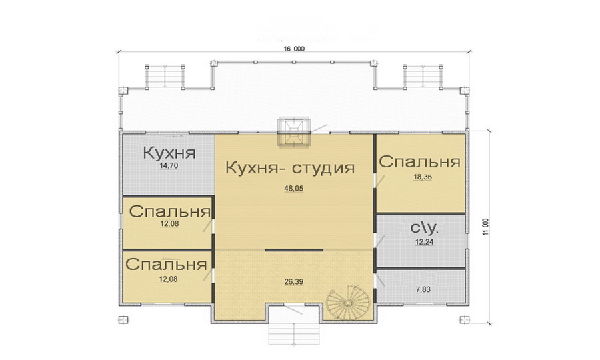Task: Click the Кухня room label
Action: point(169,153)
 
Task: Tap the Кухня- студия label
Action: point(289,167)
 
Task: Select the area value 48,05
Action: point(294,189)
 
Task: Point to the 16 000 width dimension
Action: point(294,49)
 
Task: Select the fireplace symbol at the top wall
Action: point(293,131)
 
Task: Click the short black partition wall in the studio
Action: point(294,250)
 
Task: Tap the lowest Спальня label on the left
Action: point(165,264)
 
